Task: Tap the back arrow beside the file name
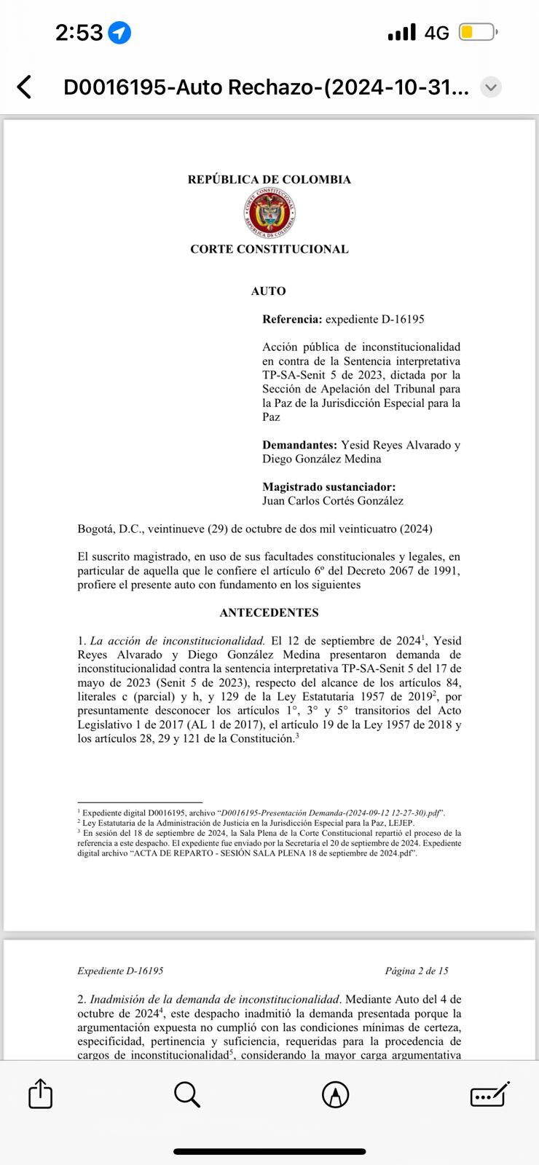(x=25, y=87)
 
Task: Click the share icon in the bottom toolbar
(x=40, y=1094)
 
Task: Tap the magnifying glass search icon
(x=187, y=1094)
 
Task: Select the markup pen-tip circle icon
(x=335, y=1094)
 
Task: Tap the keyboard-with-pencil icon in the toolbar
(x=489, y=1094)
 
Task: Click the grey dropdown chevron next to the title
(x=492, y=87)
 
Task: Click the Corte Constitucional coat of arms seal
(x=269, y=214)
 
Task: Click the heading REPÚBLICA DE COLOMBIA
(x=269, y=180)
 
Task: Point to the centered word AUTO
(x=268, y=291)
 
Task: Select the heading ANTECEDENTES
(x=269, y=613)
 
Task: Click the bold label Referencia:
(x=292, y=320)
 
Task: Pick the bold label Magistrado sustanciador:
(x=329, y=487)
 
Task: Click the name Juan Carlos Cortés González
(x=333, y=501)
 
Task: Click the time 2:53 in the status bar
(x=79, y=33)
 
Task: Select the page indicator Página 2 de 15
(x=417, y=971)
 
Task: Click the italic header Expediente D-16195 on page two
(x=120, y=971)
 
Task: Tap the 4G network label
(x=436, y=33)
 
